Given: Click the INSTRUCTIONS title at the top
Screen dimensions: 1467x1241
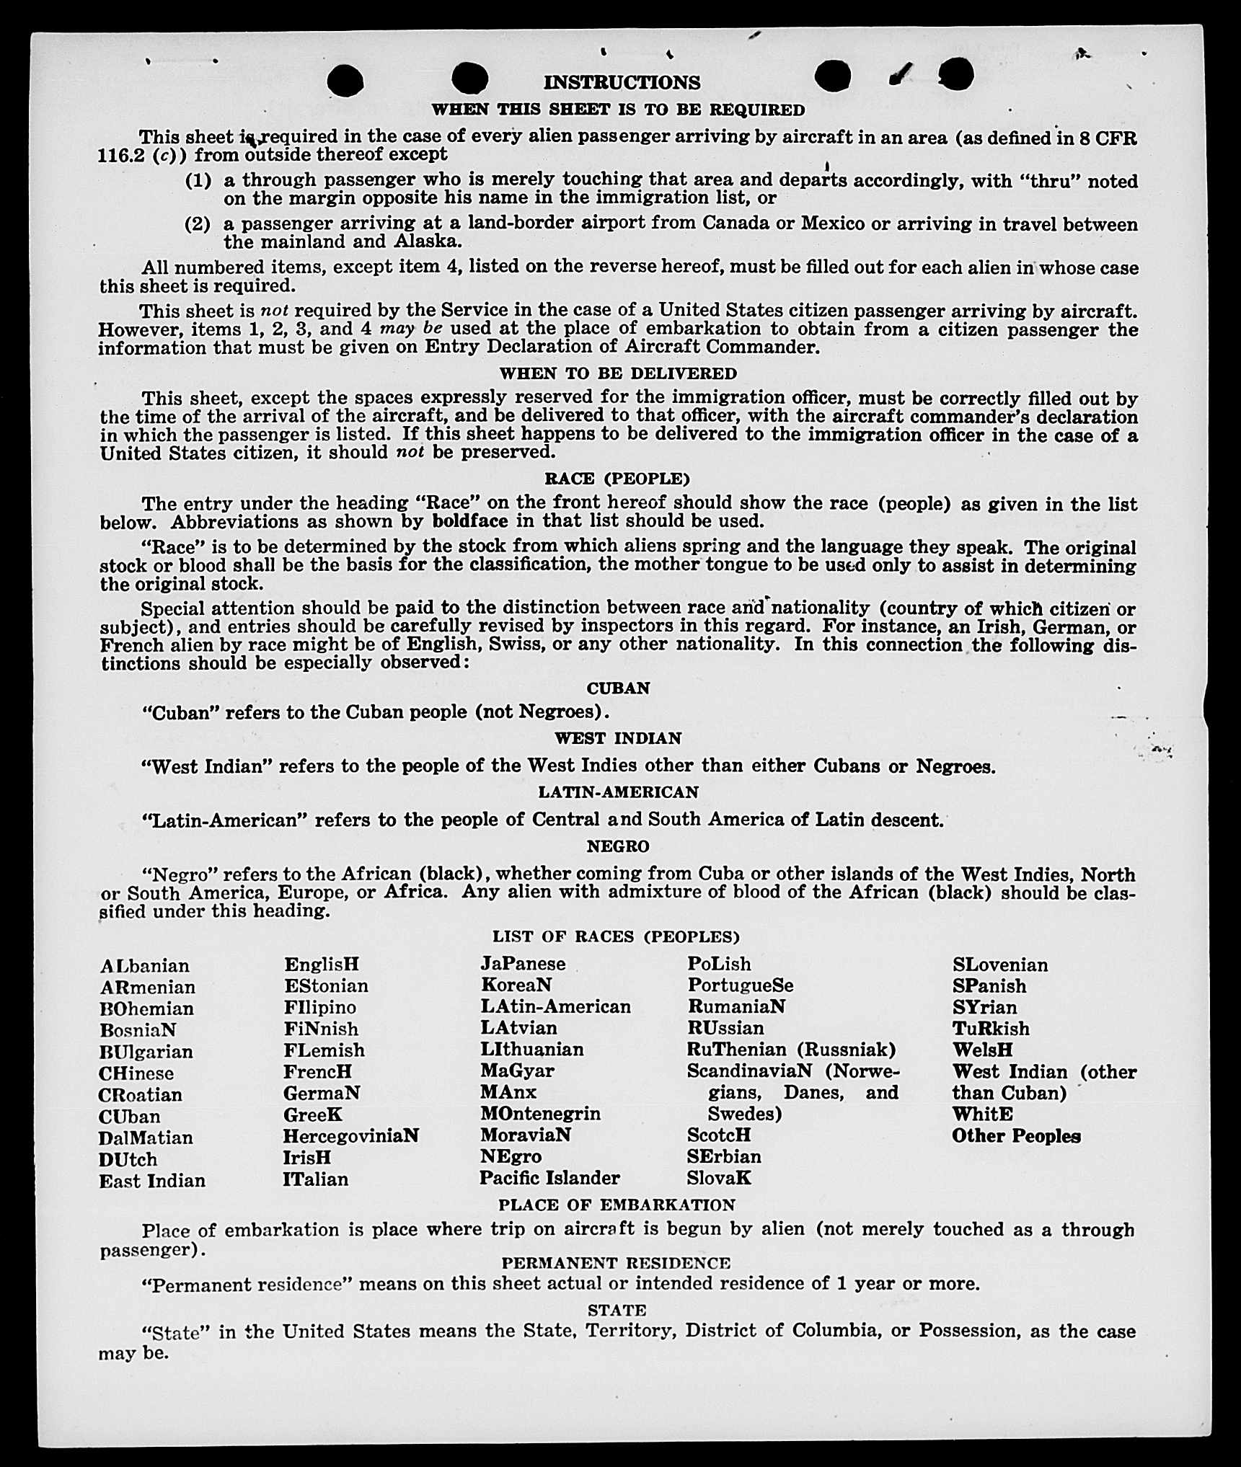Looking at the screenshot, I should [621, 82].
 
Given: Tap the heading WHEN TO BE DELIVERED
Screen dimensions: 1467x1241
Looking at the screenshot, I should [618, 373].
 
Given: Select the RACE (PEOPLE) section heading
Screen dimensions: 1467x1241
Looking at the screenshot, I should [617, 479].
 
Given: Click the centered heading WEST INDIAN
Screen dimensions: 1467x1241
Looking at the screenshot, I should [618, 738].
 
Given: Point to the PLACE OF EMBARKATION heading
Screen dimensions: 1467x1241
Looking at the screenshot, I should [617, 1205].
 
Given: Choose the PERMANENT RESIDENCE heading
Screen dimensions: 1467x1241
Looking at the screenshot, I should [616, 1263].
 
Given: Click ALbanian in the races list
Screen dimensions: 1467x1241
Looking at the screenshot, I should [145, 966].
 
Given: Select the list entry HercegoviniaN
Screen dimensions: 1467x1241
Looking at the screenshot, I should [350, 1135].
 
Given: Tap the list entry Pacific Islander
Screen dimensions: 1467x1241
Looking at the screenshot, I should [549, 1178].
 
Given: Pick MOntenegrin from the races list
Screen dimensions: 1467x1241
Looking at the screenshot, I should [540, 1114].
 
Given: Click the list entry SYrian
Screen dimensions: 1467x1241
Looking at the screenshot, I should [984, 1007].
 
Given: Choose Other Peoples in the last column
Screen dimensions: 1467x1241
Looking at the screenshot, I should [1016, 1136].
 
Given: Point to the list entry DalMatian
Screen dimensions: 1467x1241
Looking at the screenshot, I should [146, 1138].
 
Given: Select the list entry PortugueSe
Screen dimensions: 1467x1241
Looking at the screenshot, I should [740, 985].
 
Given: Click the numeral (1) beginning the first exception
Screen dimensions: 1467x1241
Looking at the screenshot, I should [198, 180].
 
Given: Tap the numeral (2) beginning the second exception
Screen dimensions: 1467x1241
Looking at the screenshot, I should [198, 223].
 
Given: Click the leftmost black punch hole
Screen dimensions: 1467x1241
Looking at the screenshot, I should [345, 80].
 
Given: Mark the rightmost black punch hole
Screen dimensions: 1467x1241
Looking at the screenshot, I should [957, 74].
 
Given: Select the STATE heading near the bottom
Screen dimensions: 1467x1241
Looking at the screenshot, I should [617, 1310].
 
